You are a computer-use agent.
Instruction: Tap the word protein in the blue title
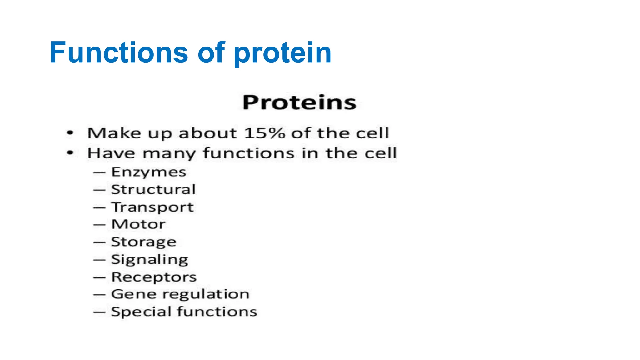click(282, 53)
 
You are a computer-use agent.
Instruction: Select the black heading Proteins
click(299, 102)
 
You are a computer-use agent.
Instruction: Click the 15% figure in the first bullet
click(264, 133)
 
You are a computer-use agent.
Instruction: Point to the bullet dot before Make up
click(70, 133)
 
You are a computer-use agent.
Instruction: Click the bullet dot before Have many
click(70, 153)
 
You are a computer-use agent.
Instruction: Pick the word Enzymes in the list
click(149, 172)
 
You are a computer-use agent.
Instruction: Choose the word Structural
click(153, 190)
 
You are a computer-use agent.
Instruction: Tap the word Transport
click(152, 207)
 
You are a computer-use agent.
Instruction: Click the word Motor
click(138, 224)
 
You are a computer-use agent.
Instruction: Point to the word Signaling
click(150, 260)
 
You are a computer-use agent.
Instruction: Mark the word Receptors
click(154, 277)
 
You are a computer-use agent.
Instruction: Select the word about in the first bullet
click(207, 133)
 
